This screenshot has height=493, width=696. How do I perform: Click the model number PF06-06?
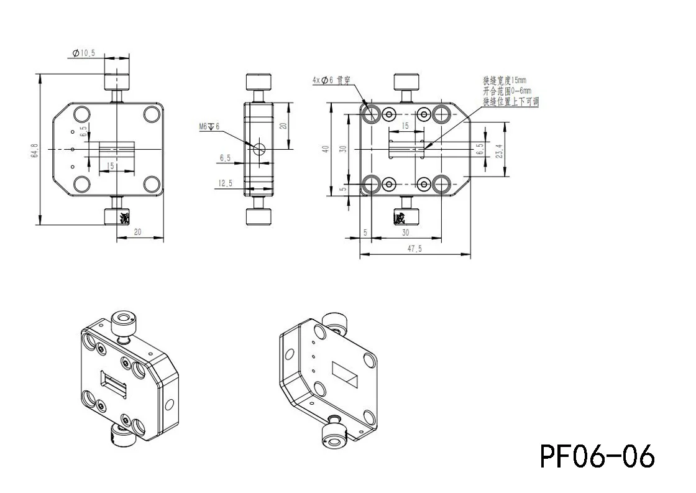pyautogui.click(x=597, y=456)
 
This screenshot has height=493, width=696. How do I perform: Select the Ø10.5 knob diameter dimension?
pyautogui.click(x=84, y=54)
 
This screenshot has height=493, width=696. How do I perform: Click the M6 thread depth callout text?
pyautogui.click(x=209, y=127)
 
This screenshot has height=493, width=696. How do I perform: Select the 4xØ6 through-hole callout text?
pyautogui.click(x=332, y=80)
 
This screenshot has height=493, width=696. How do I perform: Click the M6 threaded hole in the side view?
pyautogui.click(x=259, y=149)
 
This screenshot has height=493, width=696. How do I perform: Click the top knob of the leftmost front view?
pyautogui.click(x=117, y=81)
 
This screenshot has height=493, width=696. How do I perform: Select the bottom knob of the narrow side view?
pyautogui.click(x=259, y=216)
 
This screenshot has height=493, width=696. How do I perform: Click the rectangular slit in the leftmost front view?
pyautogui.click(x=117, y=149)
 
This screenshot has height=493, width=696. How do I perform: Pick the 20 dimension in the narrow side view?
pyautogui.click(x=283, y=125)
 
